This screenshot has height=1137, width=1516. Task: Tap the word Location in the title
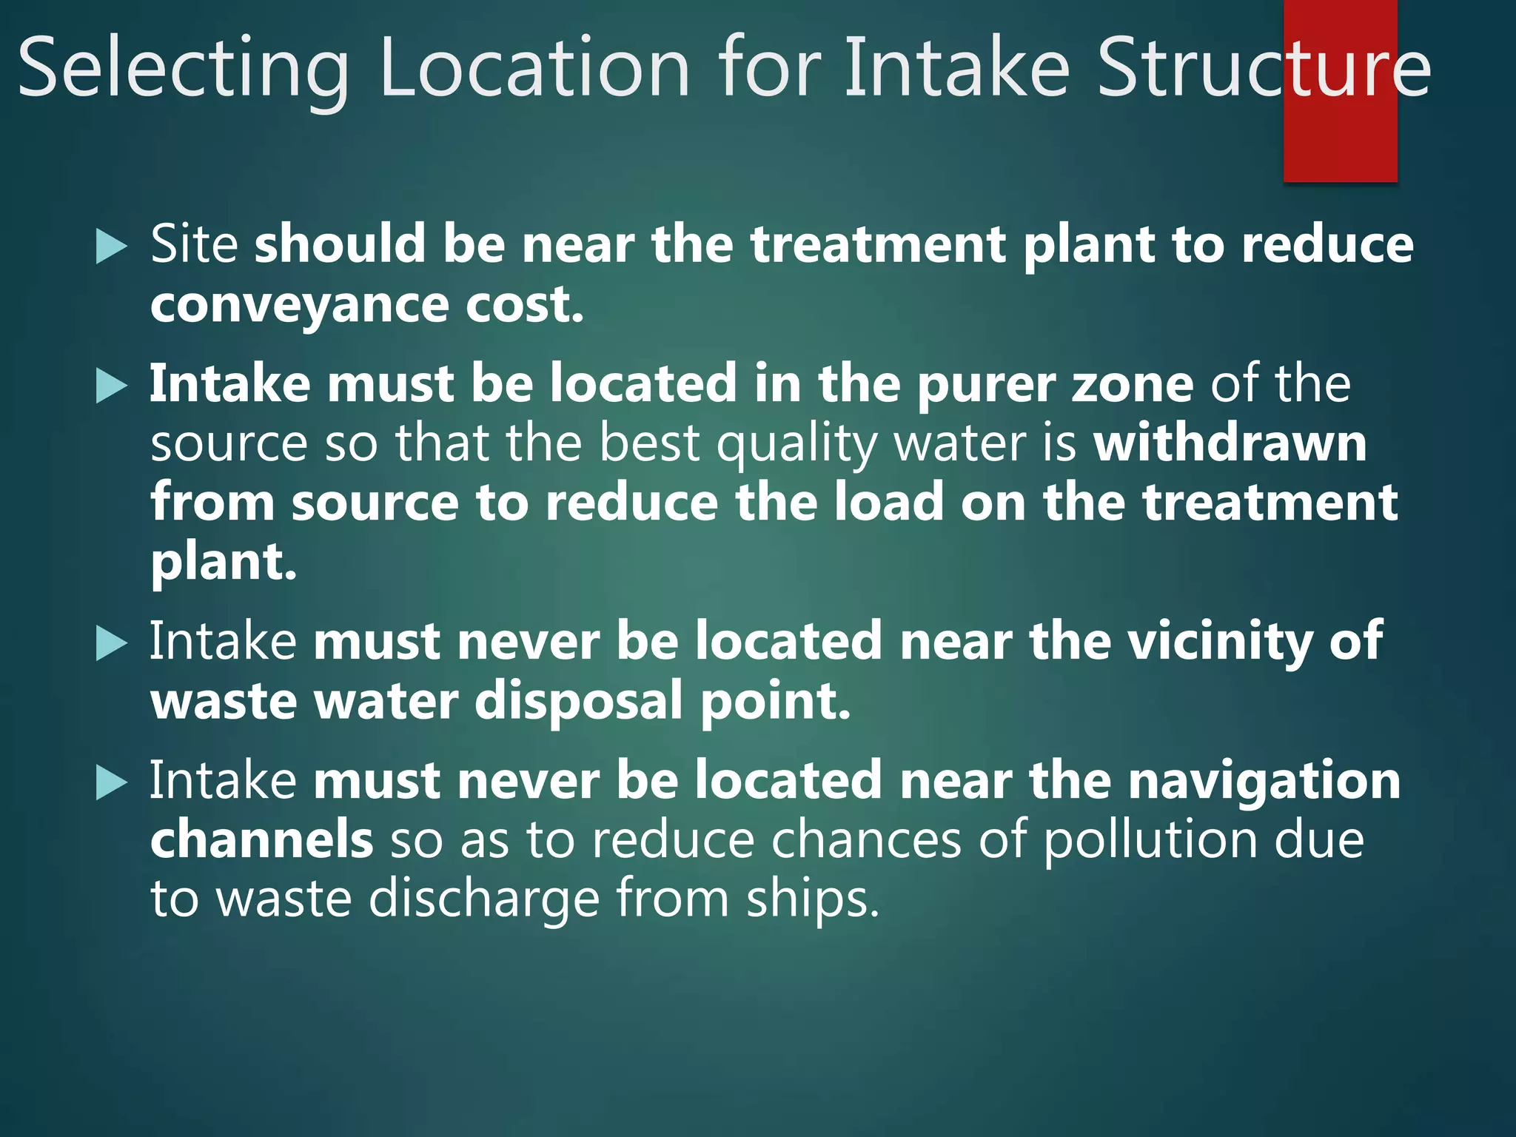534,69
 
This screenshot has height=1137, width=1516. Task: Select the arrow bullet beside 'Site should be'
112,246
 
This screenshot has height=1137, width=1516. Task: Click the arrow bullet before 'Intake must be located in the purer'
112,386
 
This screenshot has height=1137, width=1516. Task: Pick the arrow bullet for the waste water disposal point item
112,643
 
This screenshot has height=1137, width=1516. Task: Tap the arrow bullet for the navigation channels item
112,783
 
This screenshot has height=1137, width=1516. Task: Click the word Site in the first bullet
194,244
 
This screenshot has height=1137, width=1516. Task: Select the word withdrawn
1230,443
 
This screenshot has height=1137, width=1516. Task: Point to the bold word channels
261,840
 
